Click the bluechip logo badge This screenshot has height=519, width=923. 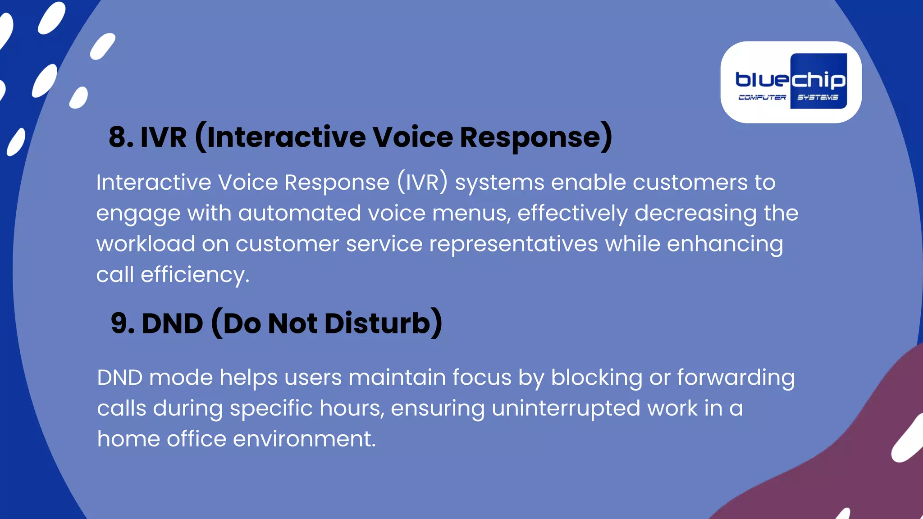(791, 82)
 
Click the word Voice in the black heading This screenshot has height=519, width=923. (412, 137)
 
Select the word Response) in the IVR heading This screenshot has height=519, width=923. (536, 137)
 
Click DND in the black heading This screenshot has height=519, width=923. (172, 323)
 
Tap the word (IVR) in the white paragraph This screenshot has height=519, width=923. (422, 182)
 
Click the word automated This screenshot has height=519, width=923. (299, 213)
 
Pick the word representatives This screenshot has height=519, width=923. (513, 244)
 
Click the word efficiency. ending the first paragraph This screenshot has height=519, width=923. (195, 275)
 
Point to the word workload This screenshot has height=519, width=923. (145, 244)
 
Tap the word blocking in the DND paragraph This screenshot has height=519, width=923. (596, 378)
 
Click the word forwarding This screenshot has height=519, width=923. (736, 378)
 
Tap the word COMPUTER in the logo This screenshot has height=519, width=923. (762, 97)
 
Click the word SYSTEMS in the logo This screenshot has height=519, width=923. (818, 97)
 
